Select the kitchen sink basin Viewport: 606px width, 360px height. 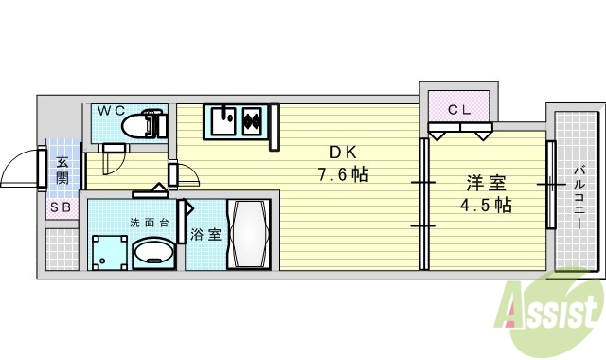(x=224, y=121)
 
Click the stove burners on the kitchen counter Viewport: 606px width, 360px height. (x=253, y=121)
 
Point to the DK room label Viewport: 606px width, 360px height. (x=342, y=153)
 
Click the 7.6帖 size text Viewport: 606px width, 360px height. (x=342, y=174)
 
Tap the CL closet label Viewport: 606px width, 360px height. (x=459, y=109)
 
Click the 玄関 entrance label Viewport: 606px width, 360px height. (x=62, y=169)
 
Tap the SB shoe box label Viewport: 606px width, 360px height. (x=61, y=207)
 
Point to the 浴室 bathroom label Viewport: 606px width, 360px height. (x=206, y=234)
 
